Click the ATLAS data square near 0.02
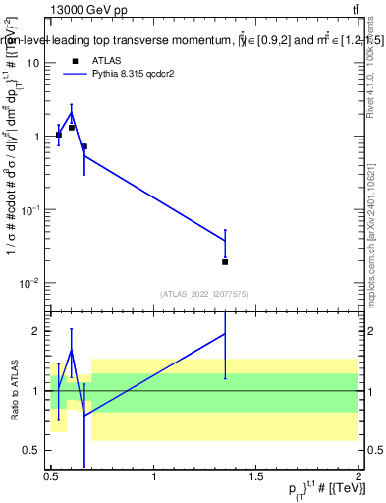point(225,262)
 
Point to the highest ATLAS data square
point(72,127)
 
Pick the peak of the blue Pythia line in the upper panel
point(71,113)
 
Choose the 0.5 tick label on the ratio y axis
point(32,450)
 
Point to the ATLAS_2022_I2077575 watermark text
point(204,294)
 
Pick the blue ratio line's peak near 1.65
point(71,350)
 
